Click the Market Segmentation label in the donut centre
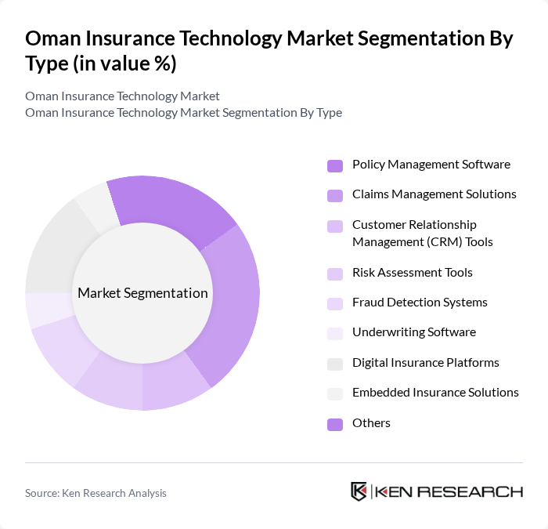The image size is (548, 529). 142,293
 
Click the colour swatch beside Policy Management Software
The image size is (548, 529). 335,165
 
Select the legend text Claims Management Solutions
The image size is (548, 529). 434,194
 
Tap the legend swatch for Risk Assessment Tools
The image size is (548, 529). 335,274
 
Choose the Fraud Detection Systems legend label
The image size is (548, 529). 420,302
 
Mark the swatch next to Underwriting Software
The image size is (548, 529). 335,332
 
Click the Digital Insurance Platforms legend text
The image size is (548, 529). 425,362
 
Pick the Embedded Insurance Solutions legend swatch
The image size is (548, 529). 335,393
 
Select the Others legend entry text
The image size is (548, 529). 371,422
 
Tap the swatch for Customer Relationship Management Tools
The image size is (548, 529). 335,226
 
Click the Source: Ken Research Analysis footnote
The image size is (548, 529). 96,493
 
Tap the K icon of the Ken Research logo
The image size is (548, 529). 359,492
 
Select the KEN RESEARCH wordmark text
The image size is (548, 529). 449,492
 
